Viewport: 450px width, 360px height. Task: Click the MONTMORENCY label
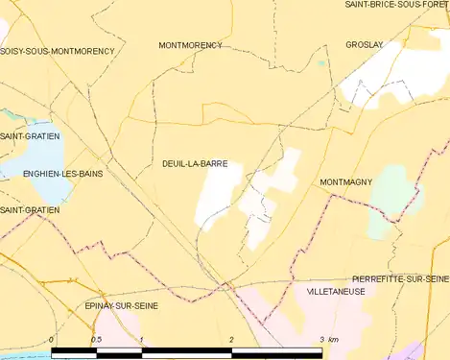[x=190, y=45]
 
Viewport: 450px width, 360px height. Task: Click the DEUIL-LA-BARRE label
[x=195, y=164]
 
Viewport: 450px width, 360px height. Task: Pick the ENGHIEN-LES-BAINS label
[x=52, y=173]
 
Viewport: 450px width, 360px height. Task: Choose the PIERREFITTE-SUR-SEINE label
[x=400, y=277]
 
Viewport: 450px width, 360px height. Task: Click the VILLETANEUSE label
[x=335, y=290]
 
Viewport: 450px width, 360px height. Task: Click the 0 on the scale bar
[x=51, y=341]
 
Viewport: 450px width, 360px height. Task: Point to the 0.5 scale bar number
[x=95, y=341]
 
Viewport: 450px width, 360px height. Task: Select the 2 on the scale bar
[x=231, y=341]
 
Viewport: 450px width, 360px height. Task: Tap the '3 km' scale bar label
[x=328, y=341]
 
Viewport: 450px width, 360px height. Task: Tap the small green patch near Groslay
[x=322, y=64]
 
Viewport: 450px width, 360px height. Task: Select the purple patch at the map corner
[x=414, y=351]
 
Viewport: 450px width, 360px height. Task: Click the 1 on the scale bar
[x=141, y=341]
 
